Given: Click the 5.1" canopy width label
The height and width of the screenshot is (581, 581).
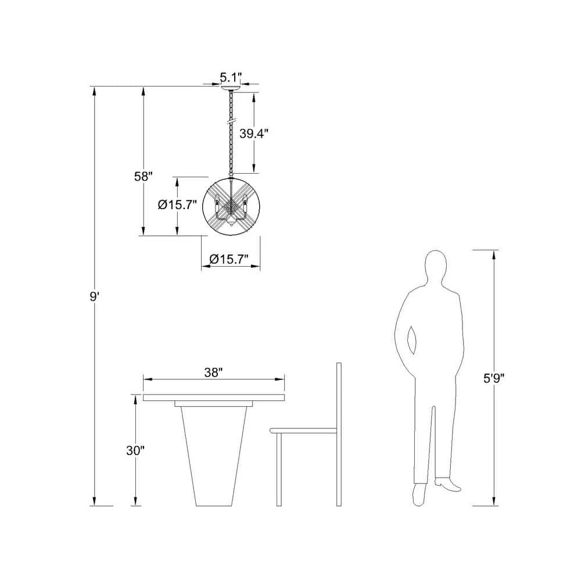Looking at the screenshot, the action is tap(231, 77).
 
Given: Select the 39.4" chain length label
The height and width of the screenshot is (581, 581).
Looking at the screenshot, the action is tap(253, 134).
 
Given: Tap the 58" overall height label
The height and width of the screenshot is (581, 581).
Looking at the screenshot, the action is tap(144, 177).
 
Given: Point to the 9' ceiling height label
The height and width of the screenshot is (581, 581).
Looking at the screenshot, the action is tap(95, 297).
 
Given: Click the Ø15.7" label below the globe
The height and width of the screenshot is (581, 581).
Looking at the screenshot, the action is tap(228, 259).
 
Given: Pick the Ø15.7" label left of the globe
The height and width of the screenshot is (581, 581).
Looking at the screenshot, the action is tap(177, 205).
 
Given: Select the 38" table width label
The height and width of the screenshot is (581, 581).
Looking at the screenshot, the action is tap(213, 373).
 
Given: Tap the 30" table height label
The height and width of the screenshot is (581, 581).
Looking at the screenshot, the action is tap(135, 451).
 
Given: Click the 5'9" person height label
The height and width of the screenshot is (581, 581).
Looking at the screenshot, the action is tap(494, 378).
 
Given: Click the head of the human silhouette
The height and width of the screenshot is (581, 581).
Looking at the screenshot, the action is tap(436, 267).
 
